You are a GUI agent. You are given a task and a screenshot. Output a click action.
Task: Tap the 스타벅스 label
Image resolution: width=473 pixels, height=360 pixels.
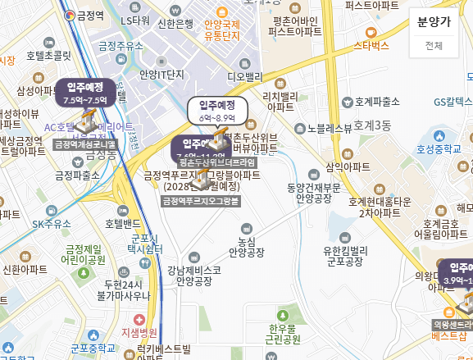point(371,45)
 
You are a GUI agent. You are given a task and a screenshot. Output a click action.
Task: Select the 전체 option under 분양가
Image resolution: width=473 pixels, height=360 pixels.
point(434,46)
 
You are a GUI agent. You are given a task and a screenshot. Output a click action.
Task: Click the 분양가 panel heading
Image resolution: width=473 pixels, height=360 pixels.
point(434,22)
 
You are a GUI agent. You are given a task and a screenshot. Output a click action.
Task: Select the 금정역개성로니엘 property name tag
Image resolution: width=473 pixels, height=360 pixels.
point(85,144)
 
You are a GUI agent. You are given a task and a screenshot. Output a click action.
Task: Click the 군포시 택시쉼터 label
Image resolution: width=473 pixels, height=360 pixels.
point(148,244)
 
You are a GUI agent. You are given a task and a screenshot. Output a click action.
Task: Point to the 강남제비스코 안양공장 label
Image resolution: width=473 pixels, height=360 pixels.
point(193,275)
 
